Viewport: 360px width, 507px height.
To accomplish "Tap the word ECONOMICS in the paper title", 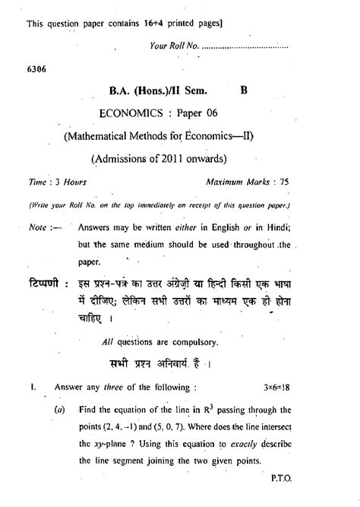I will tap(134, 113).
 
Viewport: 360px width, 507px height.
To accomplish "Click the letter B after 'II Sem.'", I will tap(243, 90).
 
